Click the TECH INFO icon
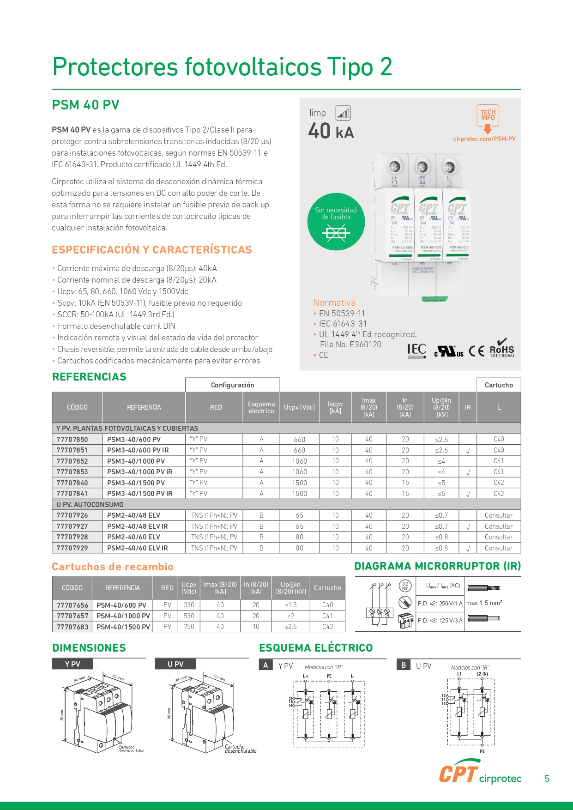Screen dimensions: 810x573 [x=488, y=116]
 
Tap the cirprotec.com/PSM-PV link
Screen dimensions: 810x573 [x=484, y=139]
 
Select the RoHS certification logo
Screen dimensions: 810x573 [x=502, y=349]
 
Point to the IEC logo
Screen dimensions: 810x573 [x=416, y=351]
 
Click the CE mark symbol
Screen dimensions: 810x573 [x=476, y=351]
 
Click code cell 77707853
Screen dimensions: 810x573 [x=72, y=472]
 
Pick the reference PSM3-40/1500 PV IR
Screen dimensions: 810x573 [x=139, y=494]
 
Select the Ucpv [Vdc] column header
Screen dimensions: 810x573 [x=299, y=407]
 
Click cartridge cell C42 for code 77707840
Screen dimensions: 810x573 [x=499, y=483]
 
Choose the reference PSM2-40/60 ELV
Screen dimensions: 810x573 [x=133, y=537]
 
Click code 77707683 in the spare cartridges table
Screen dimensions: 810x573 [x=72, y=627]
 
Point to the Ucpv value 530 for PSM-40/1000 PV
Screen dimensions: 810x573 [x=189, y=616]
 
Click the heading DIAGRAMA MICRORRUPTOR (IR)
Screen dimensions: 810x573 [x=437, y=566]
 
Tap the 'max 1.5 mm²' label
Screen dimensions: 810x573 [x=484, y=603]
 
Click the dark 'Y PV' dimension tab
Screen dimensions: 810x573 [x=72, y=664]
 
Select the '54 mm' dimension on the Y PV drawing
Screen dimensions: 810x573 [x=79, y=679]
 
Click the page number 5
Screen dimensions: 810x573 [x=547, y=779]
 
